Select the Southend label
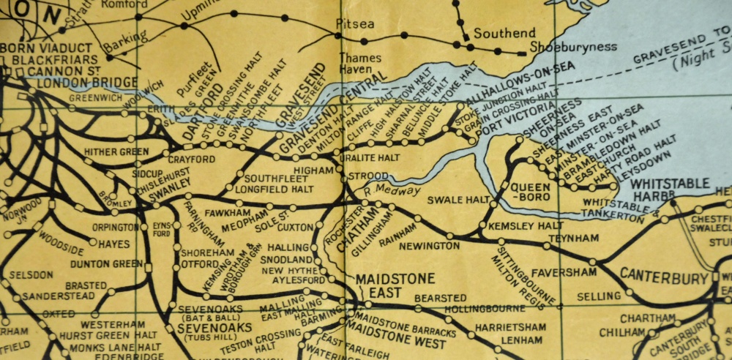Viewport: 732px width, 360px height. pyautogui.click(x=504, y=34)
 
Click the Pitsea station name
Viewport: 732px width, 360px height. pyautogui.click(x=354, y=24)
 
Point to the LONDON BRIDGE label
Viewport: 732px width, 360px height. pyautogui.click(x=76, y=82)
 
